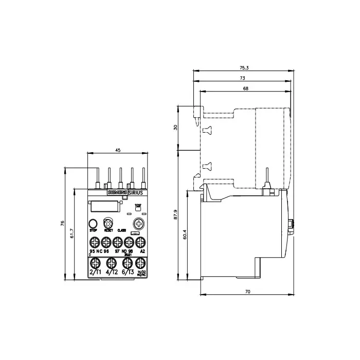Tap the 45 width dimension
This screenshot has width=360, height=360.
(118, 150)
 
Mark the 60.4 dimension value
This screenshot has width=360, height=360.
(186, 238)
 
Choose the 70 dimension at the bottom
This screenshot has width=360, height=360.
(247, 292)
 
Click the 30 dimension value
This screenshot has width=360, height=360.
(176, 127)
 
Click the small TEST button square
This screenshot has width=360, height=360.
(137, 210)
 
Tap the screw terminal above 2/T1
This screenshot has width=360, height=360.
(95, 261)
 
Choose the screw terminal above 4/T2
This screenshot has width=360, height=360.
(110, 261)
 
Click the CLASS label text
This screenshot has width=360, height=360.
(122, 231)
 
